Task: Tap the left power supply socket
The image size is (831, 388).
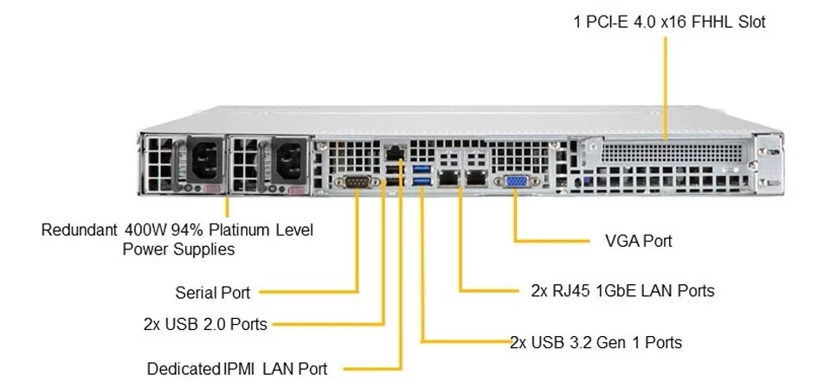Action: (203, 161)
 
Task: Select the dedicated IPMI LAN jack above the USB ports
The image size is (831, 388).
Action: (395, 154)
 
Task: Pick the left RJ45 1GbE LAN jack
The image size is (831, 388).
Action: (448, 178)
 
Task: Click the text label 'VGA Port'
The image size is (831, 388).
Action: (638, 241)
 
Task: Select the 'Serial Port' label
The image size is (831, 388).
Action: (213, 293)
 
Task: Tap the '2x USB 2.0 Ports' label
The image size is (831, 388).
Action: (205, 325)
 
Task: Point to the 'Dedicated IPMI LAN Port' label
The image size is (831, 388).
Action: (236, 368)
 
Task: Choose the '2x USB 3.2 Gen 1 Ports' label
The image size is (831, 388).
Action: (596, 342)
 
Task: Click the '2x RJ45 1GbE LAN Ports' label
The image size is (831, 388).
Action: (622, 291)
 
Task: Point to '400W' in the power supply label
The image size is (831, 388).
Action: (145, 231)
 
